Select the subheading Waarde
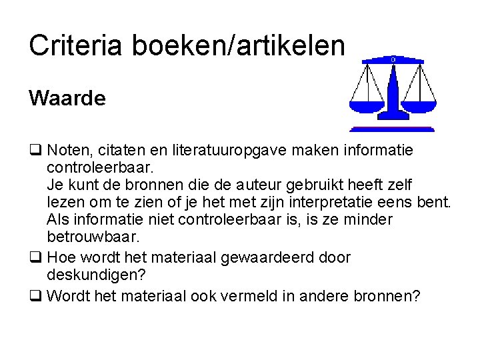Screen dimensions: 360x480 tap(67, 98)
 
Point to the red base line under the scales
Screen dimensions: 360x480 tap(392, 129)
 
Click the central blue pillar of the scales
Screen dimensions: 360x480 tap(393, 93)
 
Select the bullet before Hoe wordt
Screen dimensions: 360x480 tap(34, 257)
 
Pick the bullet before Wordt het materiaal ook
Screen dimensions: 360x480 tap(34, 295)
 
